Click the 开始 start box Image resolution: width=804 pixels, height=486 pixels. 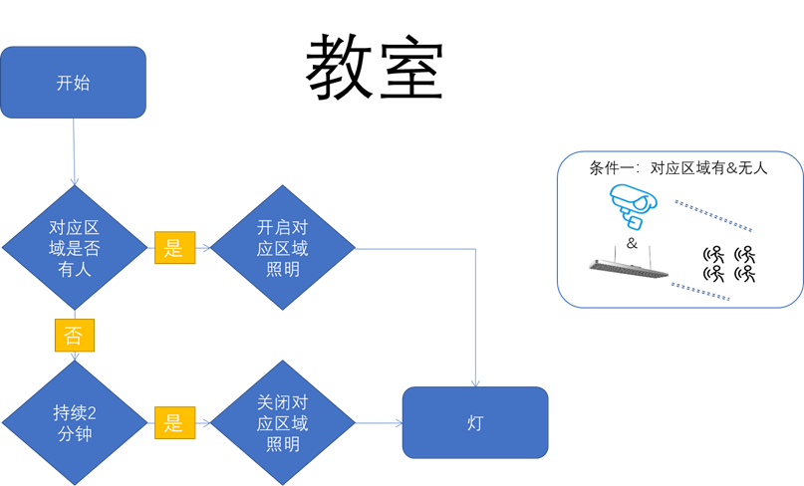tap(73, 82)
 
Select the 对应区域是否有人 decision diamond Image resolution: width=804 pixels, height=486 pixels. tap(73, 248)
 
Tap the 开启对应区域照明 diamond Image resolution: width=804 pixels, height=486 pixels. tap(283, 248)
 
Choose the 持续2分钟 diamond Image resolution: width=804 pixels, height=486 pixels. tap(73, 423)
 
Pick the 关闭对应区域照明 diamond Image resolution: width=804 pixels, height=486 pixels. tap(283, 423)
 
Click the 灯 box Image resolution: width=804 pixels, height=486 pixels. tap(474, 423)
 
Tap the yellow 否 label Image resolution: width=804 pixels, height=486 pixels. tap(74, 336)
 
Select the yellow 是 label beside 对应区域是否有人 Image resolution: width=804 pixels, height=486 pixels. tap(174, 248)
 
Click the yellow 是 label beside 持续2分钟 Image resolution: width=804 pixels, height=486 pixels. tap(174, 423)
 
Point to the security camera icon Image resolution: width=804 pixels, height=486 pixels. tap(632, 204)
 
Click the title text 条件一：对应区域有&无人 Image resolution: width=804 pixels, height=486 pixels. tap(678, 168)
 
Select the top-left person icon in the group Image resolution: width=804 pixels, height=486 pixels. tap(713, 254)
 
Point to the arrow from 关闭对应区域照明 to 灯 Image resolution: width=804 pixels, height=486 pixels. tap(379, 423)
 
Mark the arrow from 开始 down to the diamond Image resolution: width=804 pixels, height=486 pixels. tap(74, 149)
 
